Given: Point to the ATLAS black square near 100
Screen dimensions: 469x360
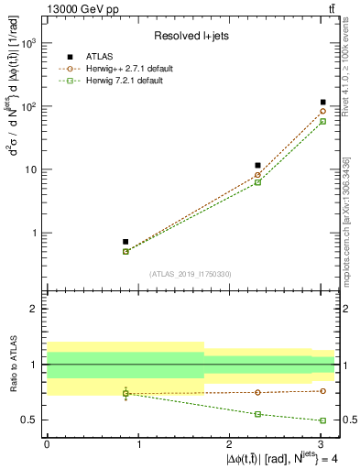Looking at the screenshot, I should click(323, 103).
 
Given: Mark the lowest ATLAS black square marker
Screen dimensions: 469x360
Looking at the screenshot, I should click(125, 242).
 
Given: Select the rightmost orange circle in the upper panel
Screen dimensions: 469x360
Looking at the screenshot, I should click(323, 112).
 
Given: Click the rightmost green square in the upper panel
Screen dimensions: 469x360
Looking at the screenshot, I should click(323, 121).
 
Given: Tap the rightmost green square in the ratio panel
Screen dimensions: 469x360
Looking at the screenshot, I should click(323, 420).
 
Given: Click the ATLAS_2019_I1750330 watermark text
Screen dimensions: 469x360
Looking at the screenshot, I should click(191, 274).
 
